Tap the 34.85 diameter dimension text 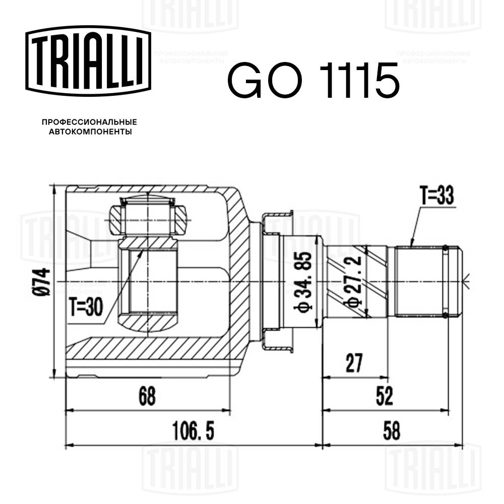[304, 282]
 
